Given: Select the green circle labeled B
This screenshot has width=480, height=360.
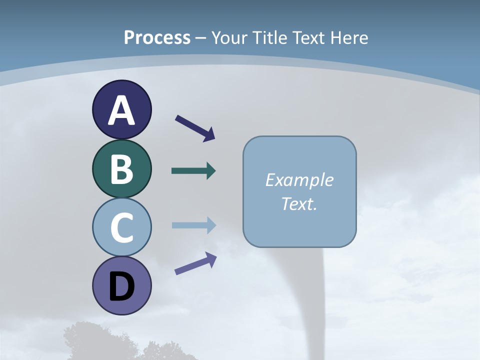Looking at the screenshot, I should [x=121, y=168].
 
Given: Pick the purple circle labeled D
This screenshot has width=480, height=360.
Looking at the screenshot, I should [x=121, y=285].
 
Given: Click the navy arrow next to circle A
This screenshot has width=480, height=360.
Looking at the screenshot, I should [x=195, y=128].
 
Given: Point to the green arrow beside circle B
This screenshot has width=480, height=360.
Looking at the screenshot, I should [x=193, y=171].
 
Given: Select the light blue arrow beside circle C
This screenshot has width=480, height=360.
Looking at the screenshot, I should [x=193, y=225].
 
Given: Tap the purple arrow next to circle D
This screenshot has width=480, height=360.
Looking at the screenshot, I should [x=195, y=263].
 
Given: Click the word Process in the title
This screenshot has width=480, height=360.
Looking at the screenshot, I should [x=157, y=38].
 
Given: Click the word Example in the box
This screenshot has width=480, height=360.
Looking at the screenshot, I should [x=299, y=180].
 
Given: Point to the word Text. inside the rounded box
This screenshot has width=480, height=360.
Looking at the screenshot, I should [x=299, y=204].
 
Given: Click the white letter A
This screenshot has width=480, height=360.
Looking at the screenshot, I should [x=121, y=110].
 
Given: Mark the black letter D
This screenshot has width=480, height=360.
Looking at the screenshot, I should [x=121, y=287].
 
